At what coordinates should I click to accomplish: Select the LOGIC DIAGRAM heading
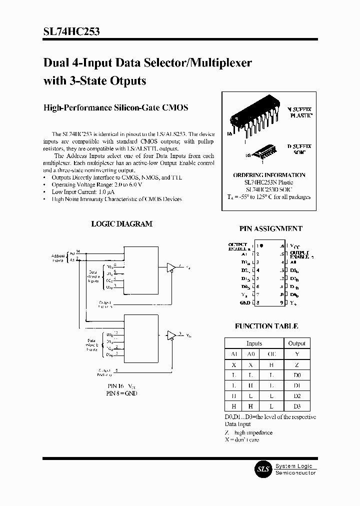point(121,224)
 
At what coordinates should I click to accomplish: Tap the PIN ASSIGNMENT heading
point(270,228)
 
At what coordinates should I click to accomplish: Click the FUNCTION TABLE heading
point(266,326)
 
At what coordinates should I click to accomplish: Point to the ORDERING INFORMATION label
point(269,175)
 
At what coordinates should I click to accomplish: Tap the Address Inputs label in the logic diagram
point(58,257)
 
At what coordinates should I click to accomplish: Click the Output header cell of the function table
point(296,343)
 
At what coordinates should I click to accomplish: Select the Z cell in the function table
point(296,364)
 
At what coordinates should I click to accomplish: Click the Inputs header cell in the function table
point(254,343)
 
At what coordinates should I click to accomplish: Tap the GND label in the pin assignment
point(245,302)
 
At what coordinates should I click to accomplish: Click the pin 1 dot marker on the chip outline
point(260,246)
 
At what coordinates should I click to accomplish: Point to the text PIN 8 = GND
point(121,393)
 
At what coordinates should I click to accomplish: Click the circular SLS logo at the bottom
point(263,469)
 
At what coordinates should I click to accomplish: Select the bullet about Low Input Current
point(83,192)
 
